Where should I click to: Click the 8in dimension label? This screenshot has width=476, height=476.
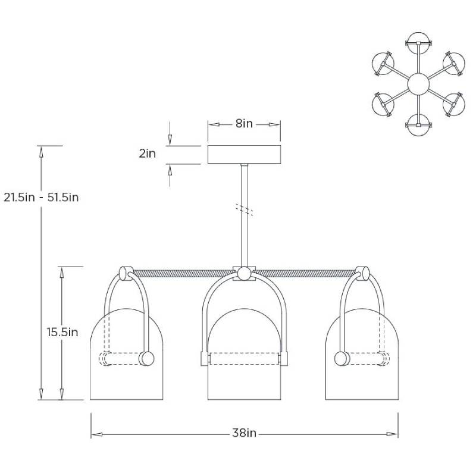click(244, 124)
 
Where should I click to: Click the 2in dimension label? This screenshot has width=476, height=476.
click(147, 154)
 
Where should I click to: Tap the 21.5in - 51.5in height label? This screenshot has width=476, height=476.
click(41, 197)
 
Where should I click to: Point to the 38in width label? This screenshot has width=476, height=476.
click(244, 433)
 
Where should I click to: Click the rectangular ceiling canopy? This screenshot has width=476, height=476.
click(244, 154)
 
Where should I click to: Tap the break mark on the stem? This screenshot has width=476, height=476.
click(244, 209)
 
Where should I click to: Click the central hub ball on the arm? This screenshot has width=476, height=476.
click(244, 274)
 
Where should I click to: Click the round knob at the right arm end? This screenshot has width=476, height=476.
click(361, 273)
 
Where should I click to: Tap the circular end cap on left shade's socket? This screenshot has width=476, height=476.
click(146, 359)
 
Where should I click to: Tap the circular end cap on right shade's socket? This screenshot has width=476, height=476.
click(342, 359)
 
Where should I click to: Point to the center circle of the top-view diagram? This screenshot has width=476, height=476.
click(418, 83)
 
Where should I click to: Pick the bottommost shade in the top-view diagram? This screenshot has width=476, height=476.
click(418, 126)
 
